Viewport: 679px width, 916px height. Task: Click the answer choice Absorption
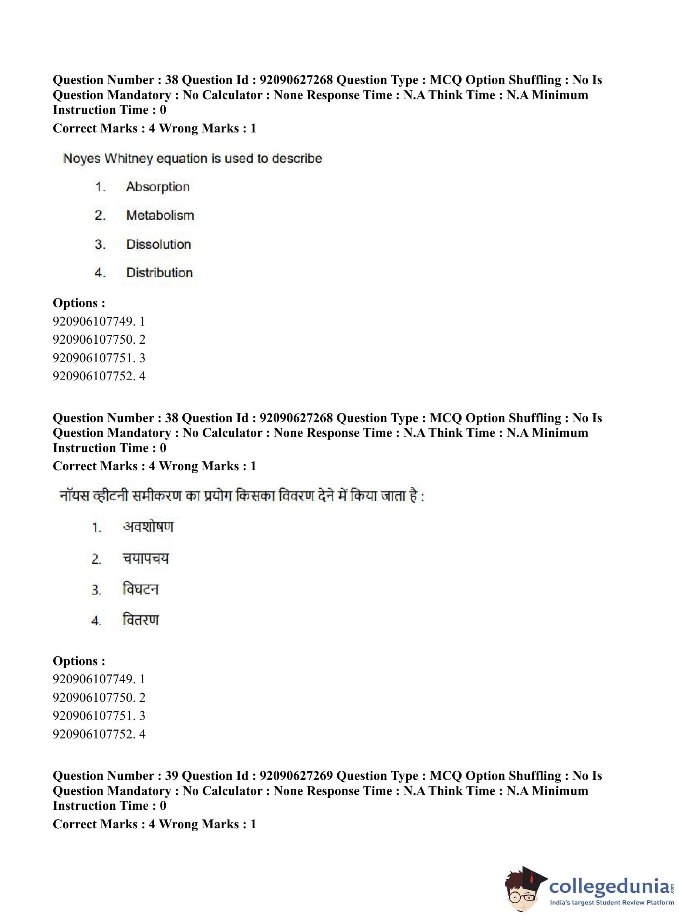coord(158,187)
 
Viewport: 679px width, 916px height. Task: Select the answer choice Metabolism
coord(160,215)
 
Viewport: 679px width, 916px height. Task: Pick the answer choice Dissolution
coord(158,244)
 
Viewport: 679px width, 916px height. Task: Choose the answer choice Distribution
coord(159,273)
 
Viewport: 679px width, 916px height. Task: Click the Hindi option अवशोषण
coord(148,527)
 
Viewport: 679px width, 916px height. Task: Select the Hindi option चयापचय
coord(145,558)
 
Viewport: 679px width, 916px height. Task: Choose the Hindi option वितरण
coord(141,620)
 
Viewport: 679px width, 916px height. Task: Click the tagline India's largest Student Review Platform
coord(612,902)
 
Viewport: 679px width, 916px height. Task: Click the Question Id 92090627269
coord(296,776)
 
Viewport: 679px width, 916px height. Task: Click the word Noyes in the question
coord(81,159)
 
